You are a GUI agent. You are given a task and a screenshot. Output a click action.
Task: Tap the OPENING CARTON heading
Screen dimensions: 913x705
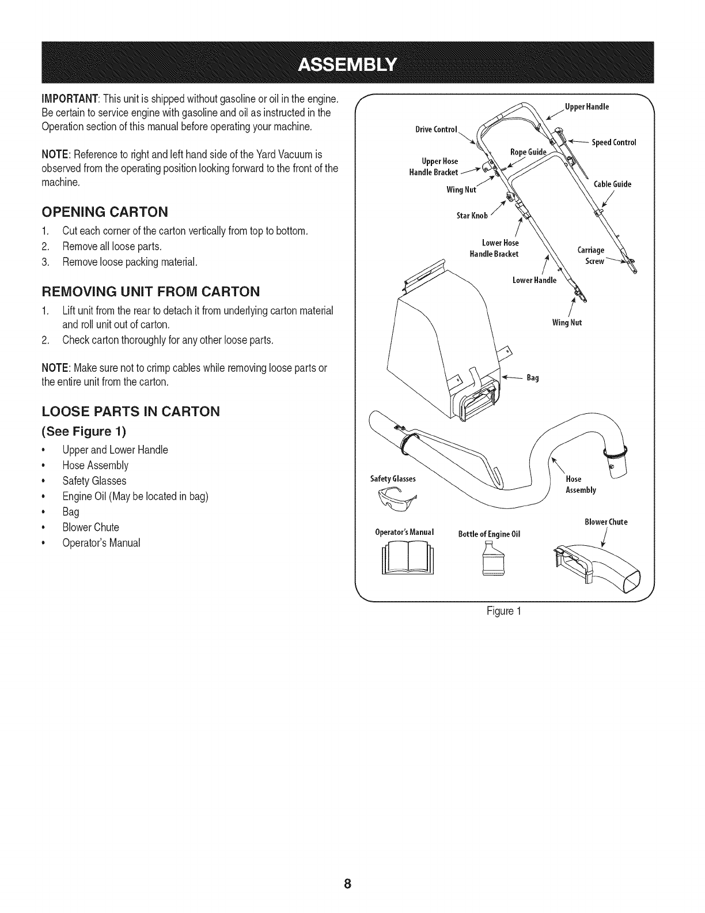pos(105,212)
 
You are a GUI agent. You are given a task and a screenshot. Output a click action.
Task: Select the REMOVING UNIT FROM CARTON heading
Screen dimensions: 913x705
pos(151,290)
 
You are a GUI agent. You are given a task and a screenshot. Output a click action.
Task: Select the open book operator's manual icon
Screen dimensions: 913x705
pos(408,559)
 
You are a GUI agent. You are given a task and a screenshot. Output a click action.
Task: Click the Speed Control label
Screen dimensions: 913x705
pos(614,143)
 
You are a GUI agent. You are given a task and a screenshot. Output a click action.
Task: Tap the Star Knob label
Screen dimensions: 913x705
pos(472,216)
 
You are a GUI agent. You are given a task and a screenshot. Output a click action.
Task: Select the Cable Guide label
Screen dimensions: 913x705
pos(612,184)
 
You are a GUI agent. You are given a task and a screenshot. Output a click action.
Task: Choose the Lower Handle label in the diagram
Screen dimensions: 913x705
pos(535,281)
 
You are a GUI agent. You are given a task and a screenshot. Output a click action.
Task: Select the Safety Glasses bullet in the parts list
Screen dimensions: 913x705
pos(94,481)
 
